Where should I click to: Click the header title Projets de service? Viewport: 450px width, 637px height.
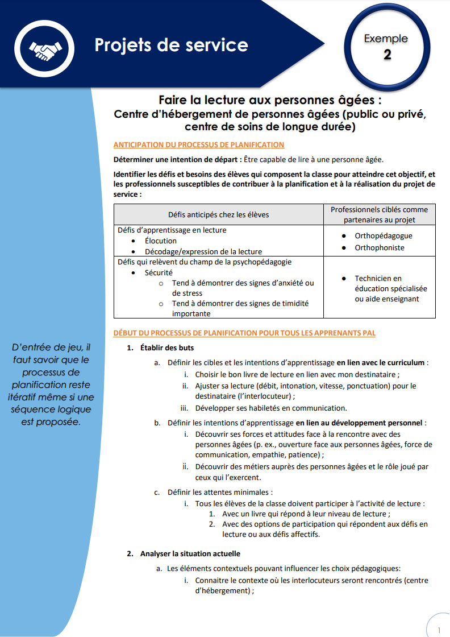[171, 45]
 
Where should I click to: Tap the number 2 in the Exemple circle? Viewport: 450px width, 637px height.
[387, 55]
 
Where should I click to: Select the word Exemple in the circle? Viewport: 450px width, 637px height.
[386, 39]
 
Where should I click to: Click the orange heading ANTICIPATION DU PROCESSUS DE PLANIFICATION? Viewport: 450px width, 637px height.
[198, 144]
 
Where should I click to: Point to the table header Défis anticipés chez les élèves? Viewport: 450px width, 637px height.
[219, 214]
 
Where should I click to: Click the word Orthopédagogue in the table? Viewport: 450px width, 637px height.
[384, 235]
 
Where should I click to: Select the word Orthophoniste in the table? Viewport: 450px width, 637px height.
[380, 247]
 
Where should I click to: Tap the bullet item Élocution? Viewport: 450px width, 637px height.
[161, 241]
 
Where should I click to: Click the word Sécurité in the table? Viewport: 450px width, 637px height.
[159, 272]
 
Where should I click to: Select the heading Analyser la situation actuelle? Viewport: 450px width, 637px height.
[190, 553]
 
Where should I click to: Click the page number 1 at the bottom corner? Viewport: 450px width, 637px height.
[439, 630]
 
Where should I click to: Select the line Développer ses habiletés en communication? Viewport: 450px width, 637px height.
[270, 408]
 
